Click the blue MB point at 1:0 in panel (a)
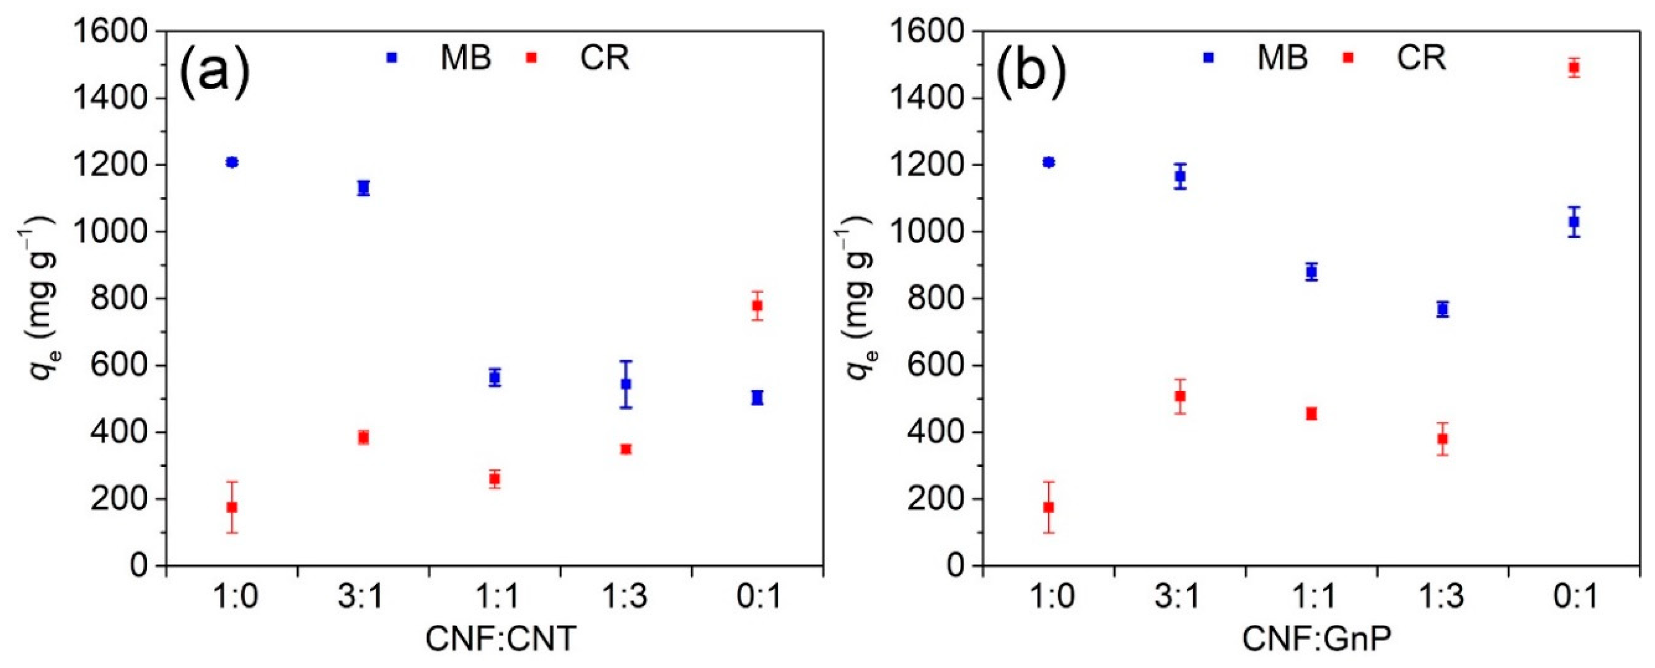coord(232,162)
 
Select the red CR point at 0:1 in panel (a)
coord(757,306)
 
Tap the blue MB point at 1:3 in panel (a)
coord(626,384)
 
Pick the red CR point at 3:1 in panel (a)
coord(363,437)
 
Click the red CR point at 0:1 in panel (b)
coord(1574,67)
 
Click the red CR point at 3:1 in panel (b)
coord(1180,397)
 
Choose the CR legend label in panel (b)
coord(1421,58)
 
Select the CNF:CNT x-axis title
coord(501,639)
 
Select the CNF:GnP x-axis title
coord(1317,639)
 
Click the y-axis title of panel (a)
coord(39,299)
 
